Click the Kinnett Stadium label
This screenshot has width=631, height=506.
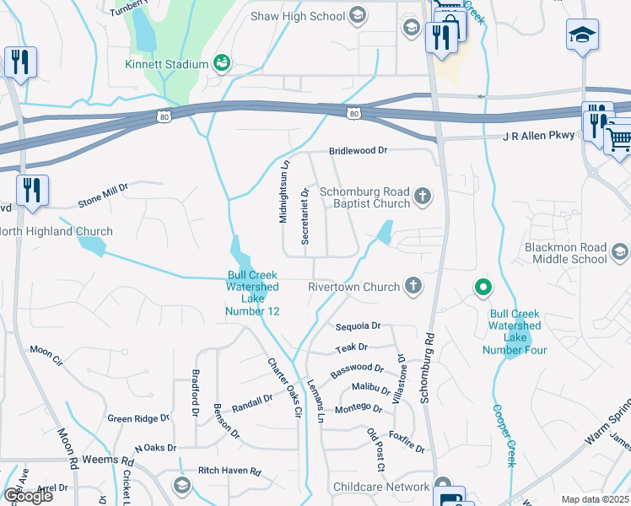click(166, 64)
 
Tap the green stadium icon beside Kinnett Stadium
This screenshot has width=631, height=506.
click(222, 62)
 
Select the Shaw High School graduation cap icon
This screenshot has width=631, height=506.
click(357, 15)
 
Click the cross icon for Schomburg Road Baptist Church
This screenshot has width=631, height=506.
click(423, 198)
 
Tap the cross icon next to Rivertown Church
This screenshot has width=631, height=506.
click(413, 286)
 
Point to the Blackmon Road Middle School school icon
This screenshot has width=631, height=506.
click(620, 252)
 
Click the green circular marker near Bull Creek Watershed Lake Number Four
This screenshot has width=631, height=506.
click(483, 289)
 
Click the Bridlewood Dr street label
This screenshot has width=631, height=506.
click(358, 149)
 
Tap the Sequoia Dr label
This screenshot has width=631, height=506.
click(358, 326)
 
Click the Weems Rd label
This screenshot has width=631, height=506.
click(115, 462)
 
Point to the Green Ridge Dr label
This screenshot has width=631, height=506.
click(138, 417)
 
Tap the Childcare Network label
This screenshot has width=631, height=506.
click(381, 487)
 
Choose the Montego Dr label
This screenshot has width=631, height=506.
click(359, 408)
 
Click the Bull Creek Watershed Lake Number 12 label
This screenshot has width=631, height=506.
click(252, 293)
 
